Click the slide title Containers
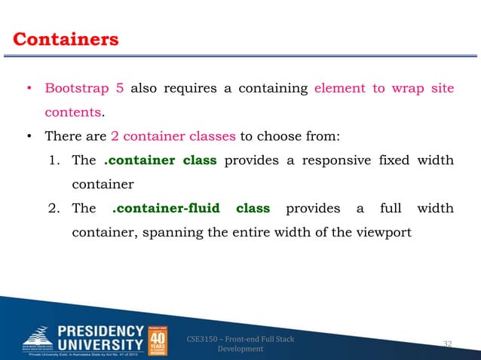point(66,38)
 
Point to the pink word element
point(339,88)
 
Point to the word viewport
point(385,232)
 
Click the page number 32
point(447,344)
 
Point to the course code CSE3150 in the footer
point(201,340)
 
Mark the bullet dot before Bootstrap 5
point(28,89)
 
